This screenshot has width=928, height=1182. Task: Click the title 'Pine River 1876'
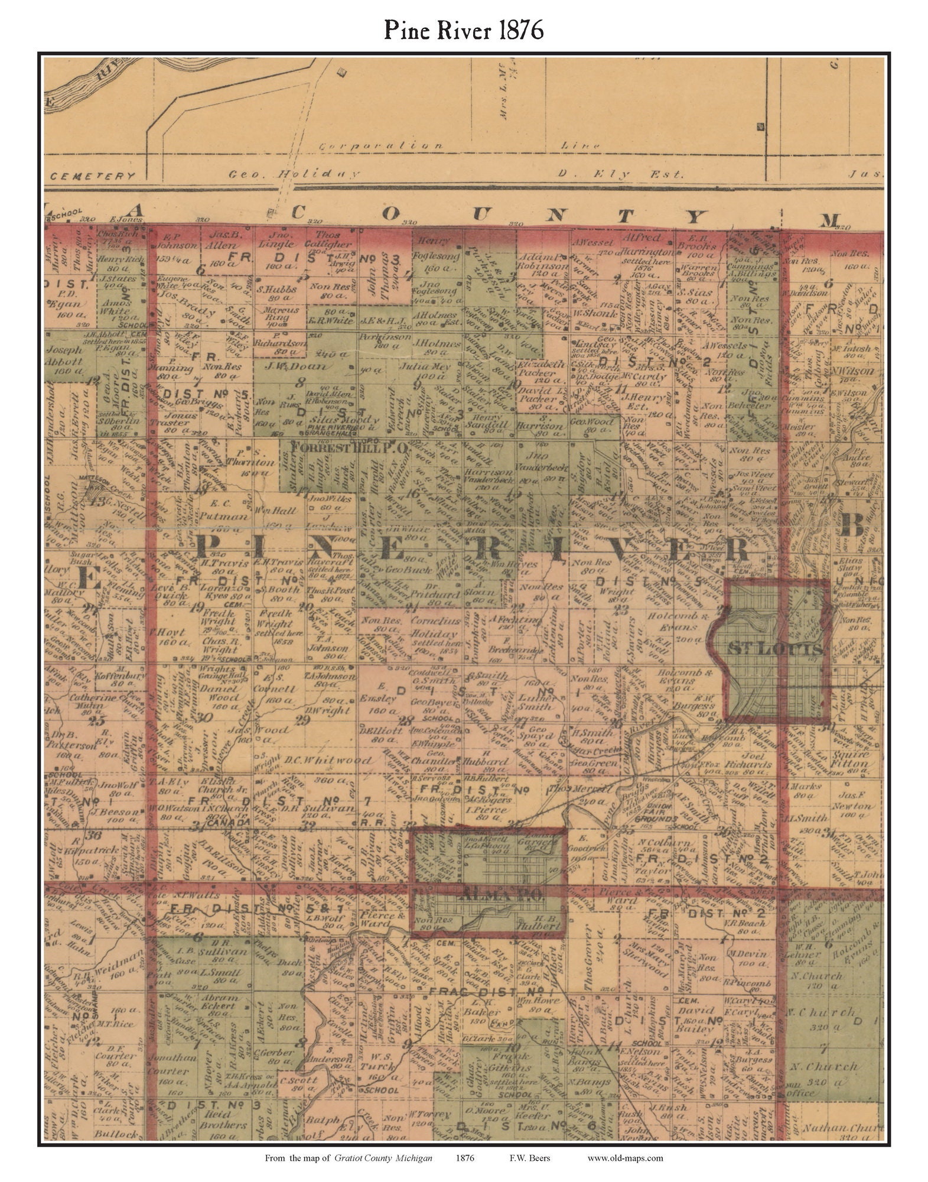pyautogui.click(x=464, y=30)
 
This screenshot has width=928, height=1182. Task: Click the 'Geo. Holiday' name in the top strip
pyautogui.click(x=294, y=174)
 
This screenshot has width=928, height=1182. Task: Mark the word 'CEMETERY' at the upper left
pyautogui.click(x=93, y=176)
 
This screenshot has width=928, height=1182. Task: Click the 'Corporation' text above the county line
pyautogui.click(x=381, y=145)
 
